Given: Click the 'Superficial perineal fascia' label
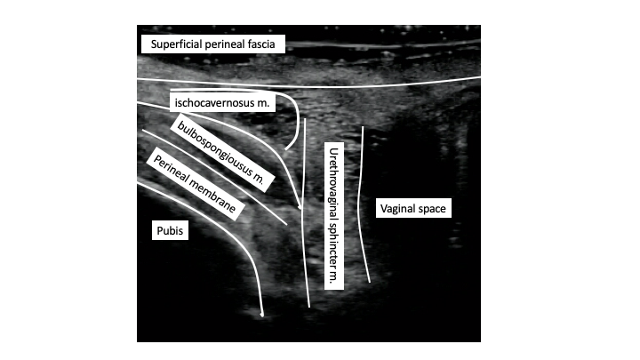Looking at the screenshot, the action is (212, 44).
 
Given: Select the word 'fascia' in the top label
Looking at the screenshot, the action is (261, 44).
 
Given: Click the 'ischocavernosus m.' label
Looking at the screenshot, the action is (222, 102).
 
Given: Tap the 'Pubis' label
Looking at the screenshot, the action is (170, 230).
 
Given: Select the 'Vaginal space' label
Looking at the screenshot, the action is (413, 208).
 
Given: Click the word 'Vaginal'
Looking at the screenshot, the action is (397, 209).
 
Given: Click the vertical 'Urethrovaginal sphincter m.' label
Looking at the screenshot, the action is (334, 216).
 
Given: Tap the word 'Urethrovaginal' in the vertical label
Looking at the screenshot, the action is (334, 183).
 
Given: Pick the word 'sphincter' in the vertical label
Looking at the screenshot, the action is (334, 245).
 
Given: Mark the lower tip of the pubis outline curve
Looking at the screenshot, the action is (262, 316).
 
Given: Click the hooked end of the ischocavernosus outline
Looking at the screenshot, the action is (286, 148).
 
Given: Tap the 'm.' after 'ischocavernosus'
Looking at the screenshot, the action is (263, 103).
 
